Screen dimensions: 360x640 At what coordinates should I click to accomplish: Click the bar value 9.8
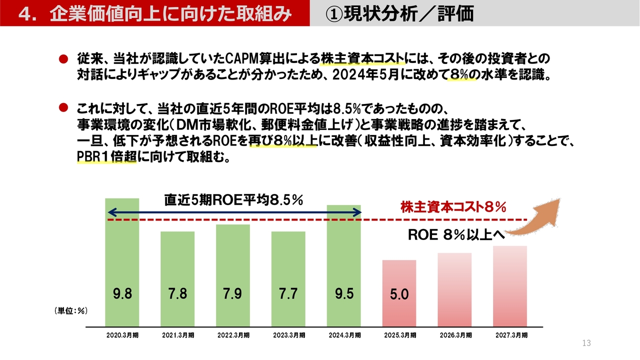pos(122,294)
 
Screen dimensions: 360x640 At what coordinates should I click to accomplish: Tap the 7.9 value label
pos(232,294)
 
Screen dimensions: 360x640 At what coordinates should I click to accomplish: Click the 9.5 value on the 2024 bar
pos(344,294)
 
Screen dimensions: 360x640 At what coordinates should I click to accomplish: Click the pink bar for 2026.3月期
pos(454,289)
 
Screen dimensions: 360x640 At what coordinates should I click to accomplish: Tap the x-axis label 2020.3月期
pos(122,335)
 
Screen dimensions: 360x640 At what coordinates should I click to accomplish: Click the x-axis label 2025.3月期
pos(399,335)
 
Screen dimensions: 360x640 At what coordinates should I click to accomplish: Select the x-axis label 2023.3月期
pos(288,335)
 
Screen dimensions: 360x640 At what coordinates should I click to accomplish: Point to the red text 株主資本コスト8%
pos(453,206)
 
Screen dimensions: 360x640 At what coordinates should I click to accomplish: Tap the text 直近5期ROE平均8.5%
pos(234,200)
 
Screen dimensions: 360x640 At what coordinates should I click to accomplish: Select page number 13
pos(586,343)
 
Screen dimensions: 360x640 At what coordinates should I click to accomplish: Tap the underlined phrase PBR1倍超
pos(106,157)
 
